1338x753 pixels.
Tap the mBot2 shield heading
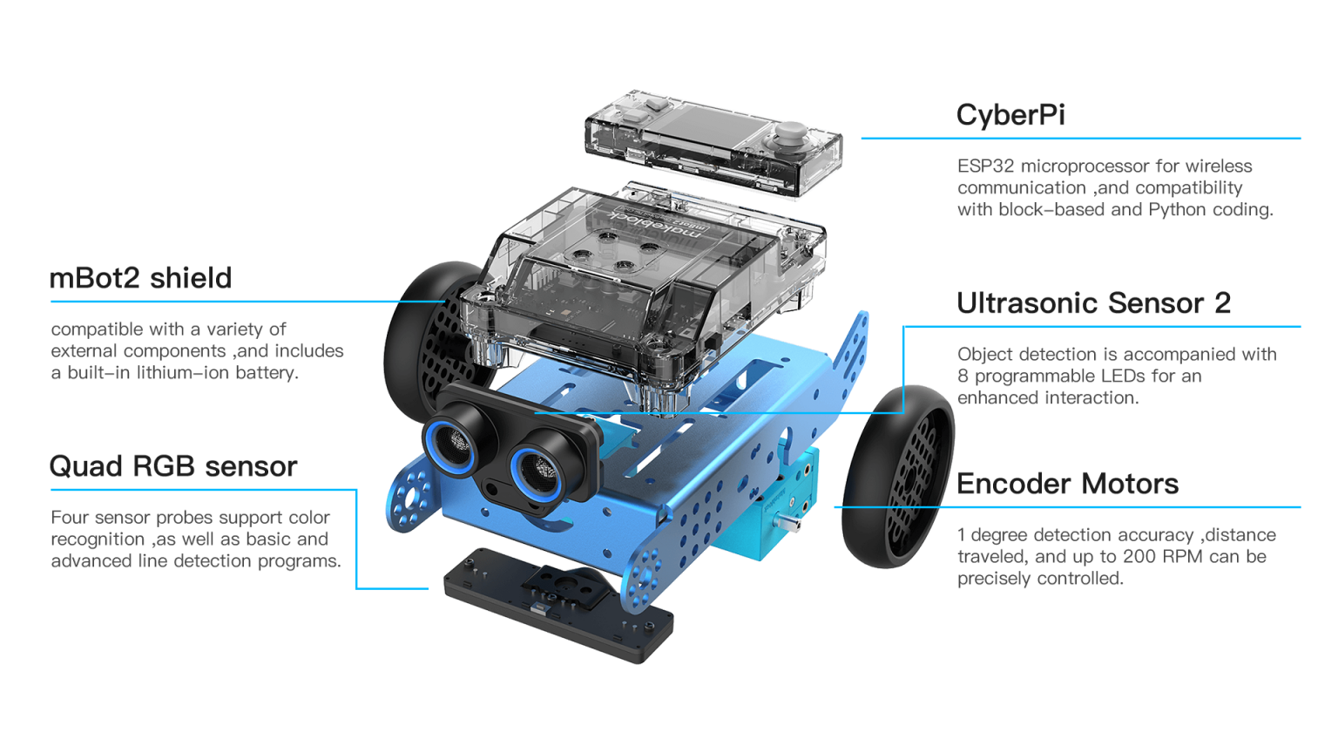point(140,279)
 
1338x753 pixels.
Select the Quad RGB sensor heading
point(173,467)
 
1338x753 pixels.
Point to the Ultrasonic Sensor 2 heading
point(1094,303)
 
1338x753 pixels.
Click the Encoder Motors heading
point(1067,484)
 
